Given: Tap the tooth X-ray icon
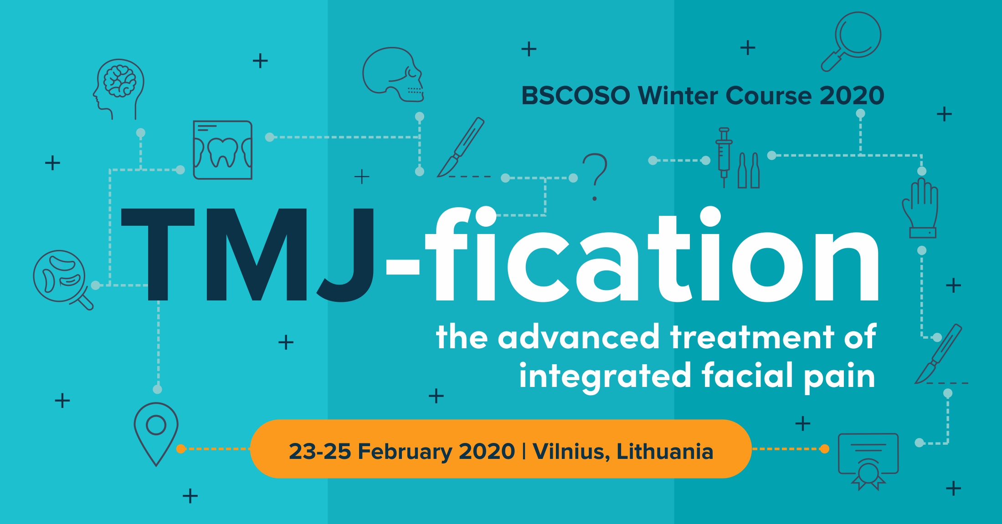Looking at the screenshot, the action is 222,150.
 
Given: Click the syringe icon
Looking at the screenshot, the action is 724,157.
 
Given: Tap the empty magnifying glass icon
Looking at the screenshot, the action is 851,41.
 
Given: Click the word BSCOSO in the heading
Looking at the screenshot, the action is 576,96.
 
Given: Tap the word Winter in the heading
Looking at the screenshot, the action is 679,96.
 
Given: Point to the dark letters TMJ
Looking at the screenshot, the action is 248,255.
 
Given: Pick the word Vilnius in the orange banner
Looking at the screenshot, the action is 571,451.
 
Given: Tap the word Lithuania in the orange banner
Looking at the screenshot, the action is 665,451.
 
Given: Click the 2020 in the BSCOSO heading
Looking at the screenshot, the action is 852,96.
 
